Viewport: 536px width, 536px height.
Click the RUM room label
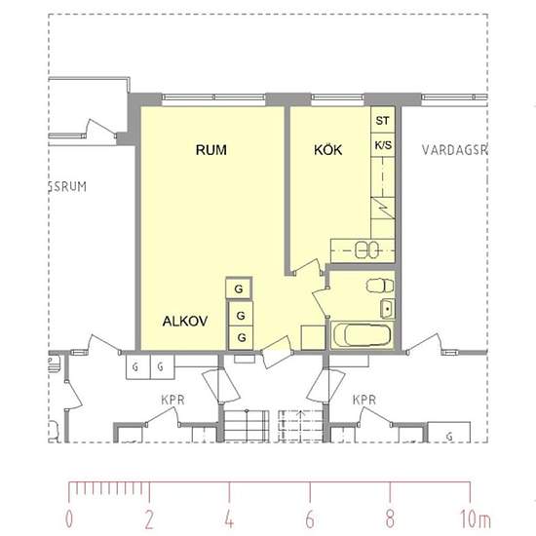[211, 150]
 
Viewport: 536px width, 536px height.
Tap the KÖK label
[327, 149]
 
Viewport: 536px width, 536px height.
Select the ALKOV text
[185, 321]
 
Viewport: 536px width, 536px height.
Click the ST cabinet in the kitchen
[383, 120]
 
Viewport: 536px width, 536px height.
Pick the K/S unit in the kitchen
[383, 145]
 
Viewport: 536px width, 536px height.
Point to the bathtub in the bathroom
[362, 334]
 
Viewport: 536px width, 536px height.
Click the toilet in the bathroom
[380, 286]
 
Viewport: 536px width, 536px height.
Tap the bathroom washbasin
[388, 308]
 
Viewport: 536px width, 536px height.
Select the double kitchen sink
[366, 249]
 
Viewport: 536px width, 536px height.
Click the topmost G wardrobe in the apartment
[239, 288]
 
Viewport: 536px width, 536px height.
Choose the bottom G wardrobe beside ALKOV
[242, 338]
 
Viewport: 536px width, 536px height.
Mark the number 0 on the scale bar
[69, 518]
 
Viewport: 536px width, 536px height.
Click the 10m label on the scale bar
[475, 518]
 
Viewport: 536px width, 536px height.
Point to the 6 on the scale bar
[310, 518]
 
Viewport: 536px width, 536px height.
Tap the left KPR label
[172, 400]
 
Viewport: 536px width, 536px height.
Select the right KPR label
[364, 400]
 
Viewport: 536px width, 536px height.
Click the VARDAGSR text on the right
[454, 150]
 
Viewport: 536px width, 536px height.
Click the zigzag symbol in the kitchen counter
[383, 208]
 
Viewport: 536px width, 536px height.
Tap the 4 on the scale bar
[229, 518]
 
